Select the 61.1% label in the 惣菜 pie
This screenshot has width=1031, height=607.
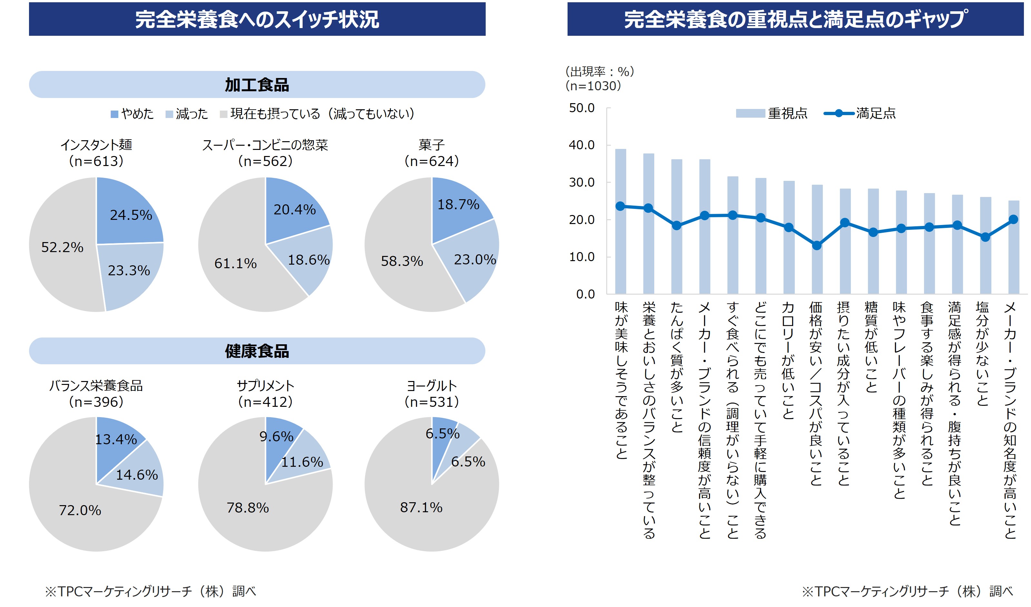tap(235, 263)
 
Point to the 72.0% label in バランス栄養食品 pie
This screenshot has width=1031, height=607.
tap(80, 510)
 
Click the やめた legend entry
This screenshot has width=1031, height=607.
tap(132, 114)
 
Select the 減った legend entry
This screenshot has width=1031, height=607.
tap(187, 114)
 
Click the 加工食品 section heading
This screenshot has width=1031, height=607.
tap(257, 85)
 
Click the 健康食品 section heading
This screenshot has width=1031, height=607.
tap(257, 351)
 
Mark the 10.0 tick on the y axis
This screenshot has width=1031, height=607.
tap(581, 257)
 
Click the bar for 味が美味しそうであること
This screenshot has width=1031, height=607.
tap(621, 246)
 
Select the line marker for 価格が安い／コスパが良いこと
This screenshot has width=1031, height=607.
tap(817, 246)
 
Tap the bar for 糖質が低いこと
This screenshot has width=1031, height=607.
tap(873, 262)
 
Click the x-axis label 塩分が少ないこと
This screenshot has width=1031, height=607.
tap(982, 354)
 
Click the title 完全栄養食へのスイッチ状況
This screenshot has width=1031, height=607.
tap(257, 19)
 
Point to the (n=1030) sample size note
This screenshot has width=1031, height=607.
tap(593, 86)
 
